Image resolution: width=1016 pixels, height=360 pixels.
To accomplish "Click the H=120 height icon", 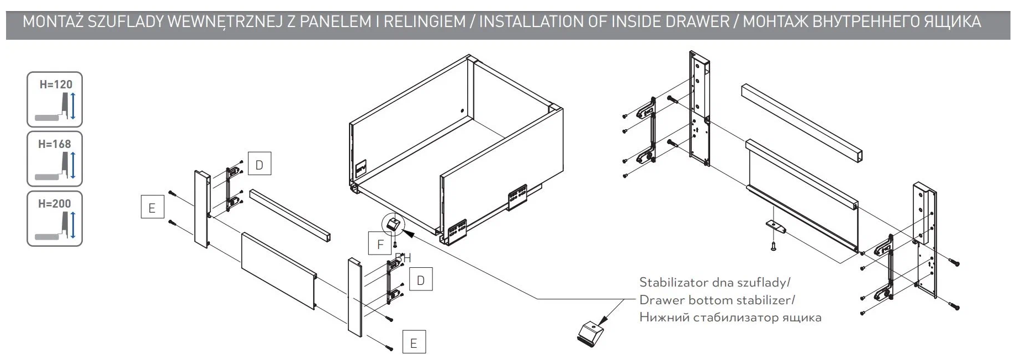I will tap(55, 99).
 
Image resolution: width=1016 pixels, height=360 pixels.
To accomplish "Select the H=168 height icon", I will tap(55, 159).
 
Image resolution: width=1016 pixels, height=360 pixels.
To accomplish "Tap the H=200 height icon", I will tap(55, 219).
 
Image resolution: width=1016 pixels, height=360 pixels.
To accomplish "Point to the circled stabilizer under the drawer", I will tap(393, 225).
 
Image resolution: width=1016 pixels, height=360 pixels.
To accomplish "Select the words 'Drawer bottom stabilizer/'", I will tap(717, 300).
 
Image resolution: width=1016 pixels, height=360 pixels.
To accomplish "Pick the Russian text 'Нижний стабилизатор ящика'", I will tap(730, 318).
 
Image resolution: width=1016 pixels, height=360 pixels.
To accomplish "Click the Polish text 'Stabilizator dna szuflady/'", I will tap(715, 283).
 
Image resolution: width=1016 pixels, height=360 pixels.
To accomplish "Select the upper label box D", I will tap(259, 164).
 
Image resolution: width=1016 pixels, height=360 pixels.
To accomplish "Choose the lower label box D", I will tap(420, 280).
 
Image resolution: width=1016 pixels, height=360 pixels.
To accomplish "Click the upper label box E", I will tap(152, 208).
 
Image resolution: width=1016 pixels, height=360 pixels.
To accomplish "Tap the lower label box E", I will tap(414, 343).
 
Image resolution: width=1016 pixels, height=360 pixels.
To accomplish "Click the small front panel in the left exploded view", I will tap(278, 269).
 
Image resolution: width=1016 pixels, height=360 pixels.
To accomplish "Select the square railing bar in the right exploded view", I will tap(801, 123).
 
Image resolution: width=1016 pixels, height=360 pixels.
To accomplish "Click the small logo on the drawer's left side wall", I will tap(361, 167).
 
